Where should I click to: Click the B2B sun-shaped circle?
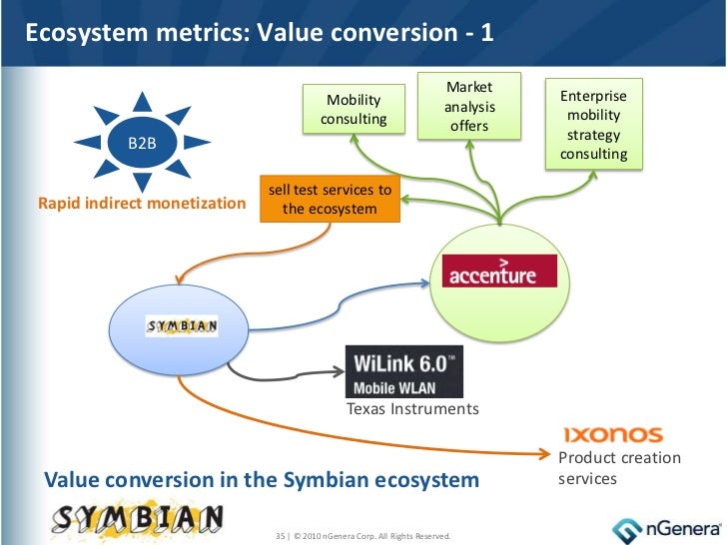coord(141,143)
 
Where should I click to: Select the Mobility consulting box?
coord(354,110)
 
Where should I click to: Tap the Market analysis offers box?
coord(469,107)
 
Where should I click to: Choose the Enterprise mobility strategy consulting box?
coord(594,125)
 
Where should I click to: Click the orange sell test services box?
coord(330,200)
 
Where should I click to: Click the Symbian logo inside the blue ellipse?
coord(183,326)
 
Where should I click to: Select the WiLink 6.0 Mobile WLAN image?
coord(403,371)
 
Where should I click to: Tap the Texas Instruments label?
coord(412,409)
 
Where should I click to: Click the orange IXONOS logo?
coord(613,434)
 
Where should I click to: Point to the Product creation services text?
coord(619,468)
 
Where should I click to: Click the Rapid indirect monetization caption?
coord(141,204)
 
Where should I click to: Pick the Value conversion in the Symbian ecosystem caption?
coord(262,480)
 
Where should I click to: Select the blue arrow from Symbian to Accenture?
coord(330,305)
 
